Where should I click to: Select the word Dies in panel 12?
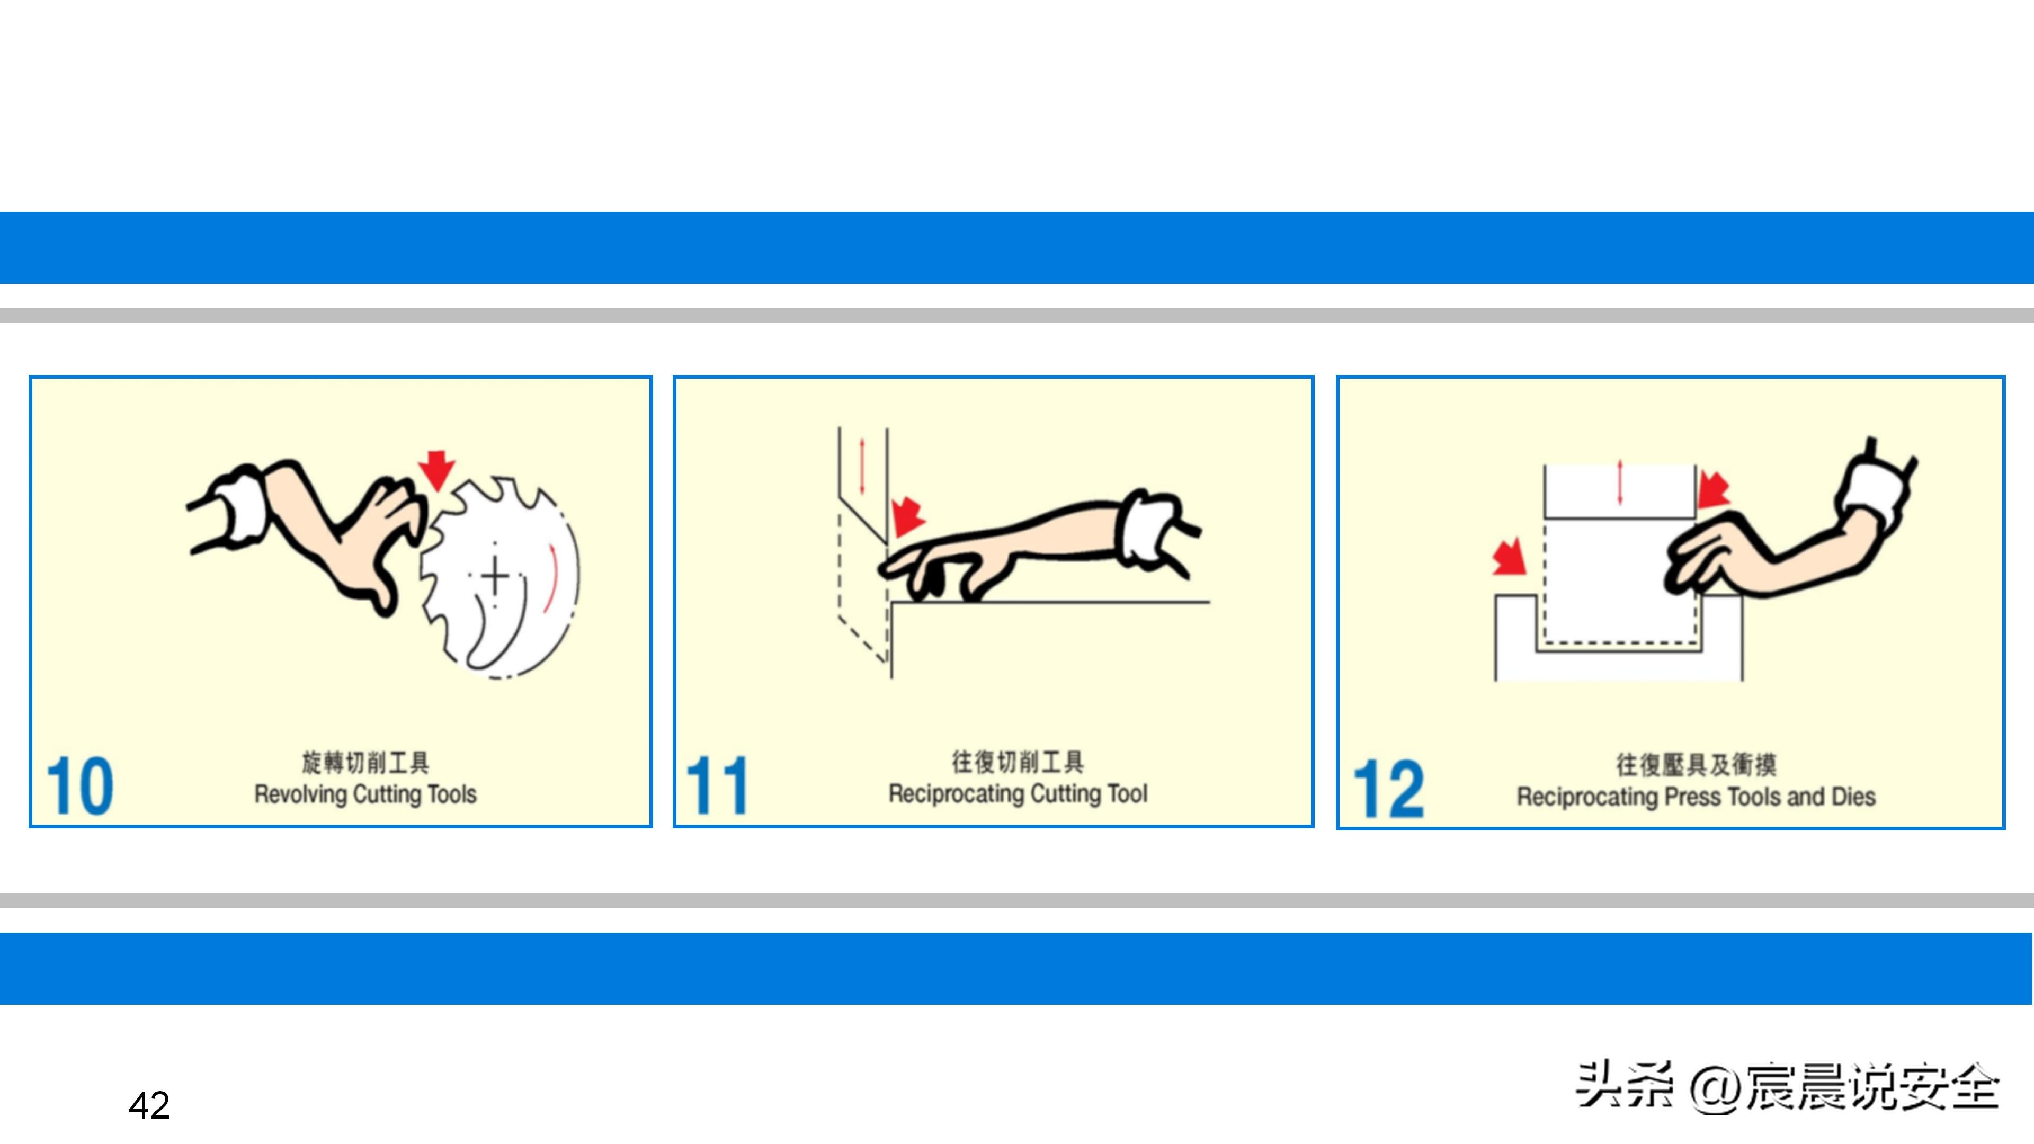[x=1853, y=796]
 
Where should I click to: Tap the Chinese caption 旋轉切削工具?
[x=365, y=763]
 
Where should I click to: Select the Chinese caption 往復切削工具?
[x=1018, y=762]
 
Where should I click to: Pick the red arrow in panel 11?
[x=908, y=516]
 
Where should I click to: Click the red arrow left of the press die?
[x=1509, y=557]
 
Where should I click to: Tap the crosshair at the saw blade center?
[x=495, y=575]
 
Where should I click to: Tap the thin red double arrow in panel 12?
[x=1619, y=481]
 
